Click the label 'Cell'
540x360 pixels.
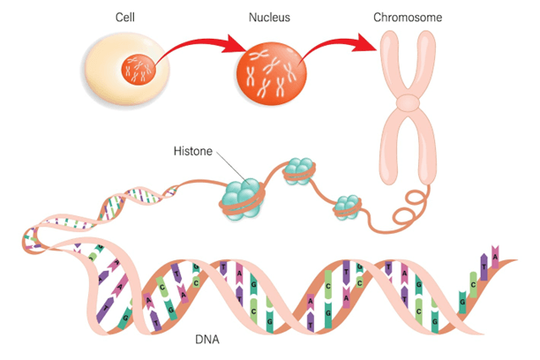click(124, 18)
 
